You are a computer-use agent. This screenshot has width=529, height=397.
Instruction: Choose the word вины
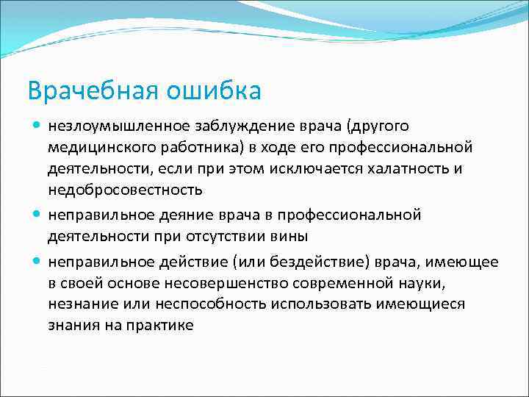pos(273,236)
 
